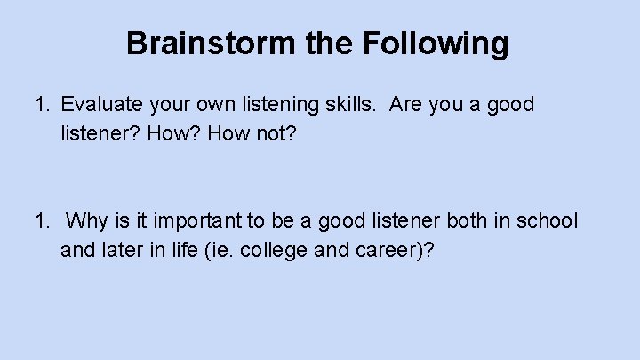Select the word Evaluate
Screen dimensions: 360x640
(98, 105)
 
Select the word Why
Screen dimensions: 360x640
(86, 220)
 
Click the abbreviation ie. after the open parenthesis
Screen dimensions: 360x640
(218, 250)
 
